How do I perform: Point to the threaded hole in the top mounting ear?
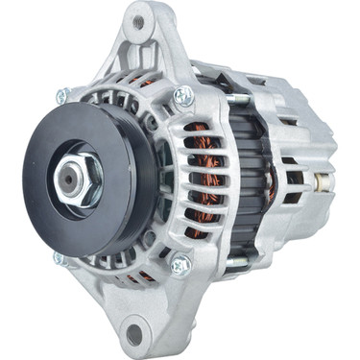139,21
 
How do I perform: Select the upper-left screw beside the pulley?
62,96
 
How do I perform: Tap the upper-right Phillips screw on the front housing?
182,96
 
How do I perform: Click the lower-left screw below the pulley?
60,258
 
